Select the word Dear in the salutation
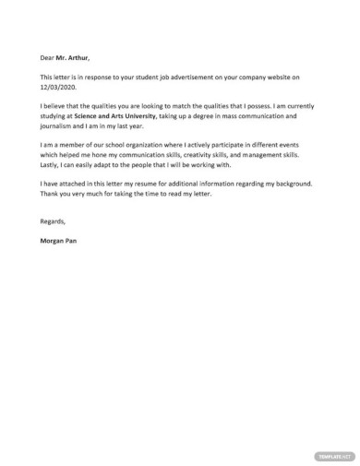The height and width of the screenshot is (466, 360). tap(48, 58)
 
